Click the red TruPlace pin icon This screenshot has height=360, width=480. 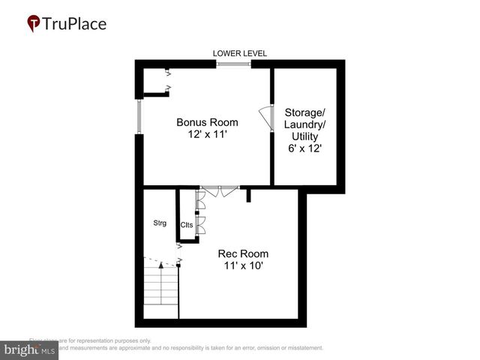pyautogui.click(x=34, y=24)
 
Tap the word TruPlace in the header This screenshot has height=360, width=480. pyautogui.click(x=75, y=24)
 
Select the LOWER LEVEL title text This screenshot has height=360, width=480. pyautogui.click(x=240, y=53)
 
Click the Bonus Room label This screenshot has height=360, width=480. pyautogui.click(x=207, y=122)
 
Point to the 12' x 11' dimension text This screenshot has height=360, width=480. pyautogui.click(x=207, y=135)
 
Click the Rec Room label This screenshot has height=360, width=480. pyautogui.click(x=243, y=253)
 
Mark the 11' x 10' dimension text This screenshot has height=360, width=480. pyautogui.click(x=243, y=266)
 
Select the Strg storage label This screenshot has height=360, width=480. pyautogui.click(x=159, y=223)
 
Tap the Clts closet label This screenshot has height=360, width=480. pyautogui.click(x=187, y=225)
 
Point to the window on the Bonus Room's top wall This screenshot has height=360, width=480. pyautogui.click(x=234, y=64)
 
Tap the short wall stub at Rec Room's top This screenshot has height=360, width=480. pyautogui.click(x=247, y=195)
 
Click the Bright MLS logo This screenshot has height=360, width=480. pyautogui.click(x=30, y=349)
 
